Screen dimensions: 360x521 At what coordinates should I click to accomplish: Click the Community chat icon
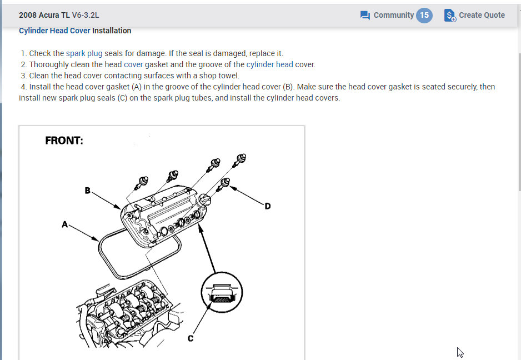(x=365, y=15)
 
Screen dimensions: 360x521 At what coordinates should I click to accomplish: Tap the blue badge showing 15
(x=424, y=15)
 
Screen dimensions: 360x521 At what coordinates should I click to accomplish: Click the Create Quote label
(x=482, y=15)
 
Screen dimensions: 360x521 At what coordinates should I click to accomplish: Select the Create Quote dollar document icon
(x=450, y=16)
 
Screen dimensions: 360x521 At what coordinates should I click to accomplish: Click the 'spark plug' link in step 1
(x=84, y=53)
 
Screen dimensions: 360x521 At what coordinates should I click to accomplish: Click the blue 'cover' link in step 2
(x=133, y=64)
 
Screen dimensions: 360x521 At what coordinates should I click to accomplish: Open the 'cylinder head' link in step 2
(x=269, y=64)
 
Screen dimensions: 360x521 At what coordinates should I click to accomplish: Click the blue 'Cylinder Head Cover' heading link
(x=54, y=31)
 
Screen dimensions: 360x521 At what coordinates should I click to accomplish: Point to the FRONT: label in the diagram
(x=64, y=141)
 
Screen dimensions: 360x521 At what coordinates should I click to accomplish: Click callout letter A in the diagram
(x=65, y=224)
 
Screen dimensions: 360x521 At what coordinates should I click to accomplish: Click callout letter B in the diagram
(x=87, y=191)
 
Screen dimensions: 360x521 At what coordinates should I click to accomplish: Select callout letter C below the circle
(x=191, y=338)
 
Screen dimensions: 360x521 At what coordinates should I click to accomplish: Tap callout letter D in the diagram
(x=268, y=206)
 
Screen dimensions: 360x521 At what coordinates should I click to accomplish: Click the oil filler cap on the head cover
(x=205, y=200)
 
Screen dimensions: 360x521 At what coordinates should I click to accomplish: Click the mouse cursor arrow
(x=460, y=352)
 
